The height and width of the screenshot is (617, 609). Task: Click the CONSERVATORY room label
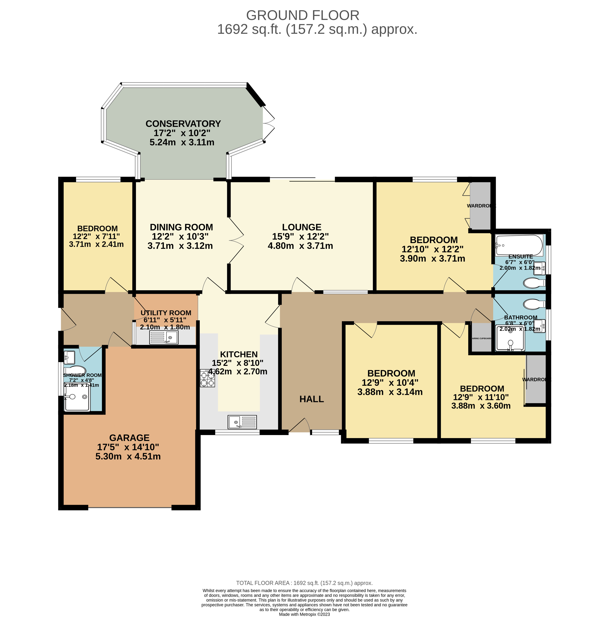183,124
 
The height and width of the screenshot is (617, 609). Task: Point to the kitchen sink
242,422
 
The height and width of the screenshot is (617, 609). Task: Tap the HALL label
311,399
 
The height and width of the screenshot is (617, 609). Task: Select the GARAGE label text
129,438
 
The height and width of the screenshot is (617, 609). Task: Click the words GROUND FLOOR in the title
302,15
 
